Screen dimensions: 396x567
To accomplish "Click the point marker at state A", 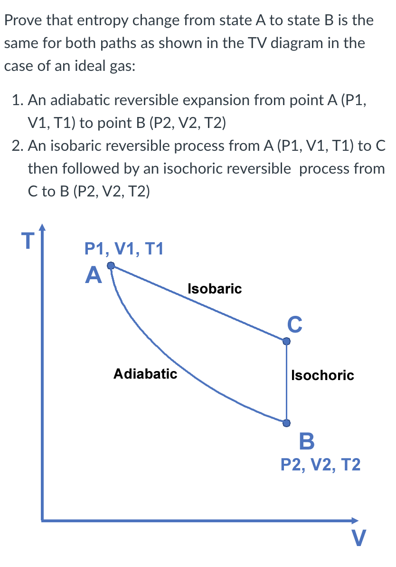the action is [111, 266].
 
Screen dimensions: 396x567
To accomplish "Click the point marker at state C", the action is [286, 341].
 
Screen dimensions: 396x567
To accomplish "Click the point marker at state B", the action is [286, 422].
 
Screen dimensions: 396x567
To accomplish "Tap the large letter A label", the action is [94, 275].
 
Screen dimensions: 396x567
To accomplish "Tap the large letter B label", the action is [307, 441].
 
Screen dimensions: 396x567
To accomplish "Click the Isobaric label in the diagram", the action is [215, 288].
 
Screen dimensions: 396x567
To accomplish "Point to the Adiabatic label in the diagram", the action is [145, 373].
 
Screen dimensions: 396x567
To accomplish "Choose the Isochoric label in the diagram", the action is [322, 375].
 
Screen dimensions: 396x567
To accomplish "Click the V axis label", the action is [359, 539].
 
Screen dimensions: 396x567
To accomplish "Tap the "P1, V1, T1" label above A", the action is [123, 249].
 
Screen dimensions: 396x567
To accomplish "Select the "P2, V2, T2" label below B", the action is [321, 464].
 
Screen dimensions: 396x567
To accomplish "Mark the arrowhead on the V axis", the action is [355, 520].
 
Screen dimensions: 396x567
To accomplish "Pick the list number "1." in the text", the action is [18, 100].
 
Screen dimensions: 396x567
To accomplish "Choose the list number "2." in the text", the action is [18, 146].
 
